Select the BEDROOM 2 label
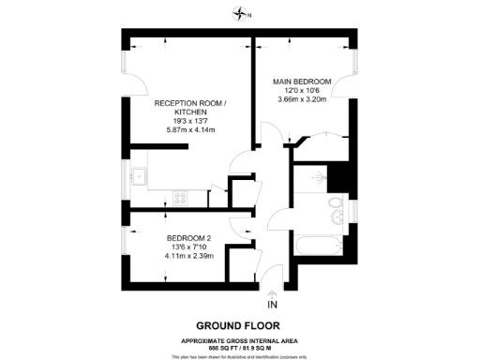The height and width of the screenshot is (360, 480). (x=189, y=237)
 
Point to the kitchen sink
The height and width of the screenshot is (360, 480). (x=140, y=175)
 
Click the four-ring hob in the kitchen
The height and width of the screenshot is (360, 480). (x=179, y=198)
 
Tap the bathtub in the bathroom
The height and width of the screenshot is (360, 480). (x=318, y=247)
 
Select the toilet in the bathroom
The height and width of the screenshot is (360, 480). (x=335, y=206)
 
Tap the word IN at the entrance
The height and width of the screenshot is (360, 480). (x=272, y=306)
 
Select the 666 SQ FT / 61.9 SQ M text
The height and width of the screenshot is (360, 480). (x=241, y=346)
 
